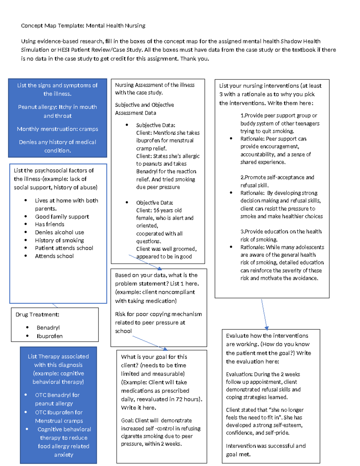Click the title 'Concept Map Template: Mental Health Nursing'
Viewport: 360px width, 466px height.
tap(83, 26)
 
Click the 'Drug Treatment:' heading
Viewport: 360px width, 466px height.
tap(37, 314)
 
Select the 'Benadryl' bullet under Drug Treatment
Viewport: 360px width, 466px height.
tap(48, 328)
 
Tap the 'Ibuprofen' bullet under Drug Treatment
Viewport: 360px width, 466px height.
tap(49, 336)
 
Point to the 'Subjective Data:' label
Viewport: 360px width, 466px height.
tap(155, 125)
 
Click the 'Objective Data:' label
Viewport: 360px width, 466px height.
tap(154, 203)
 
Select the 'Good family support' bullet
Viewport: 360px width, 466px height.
tap(62, 217)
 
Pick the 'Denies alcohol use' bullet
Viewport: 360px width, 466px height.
tap(59, 232)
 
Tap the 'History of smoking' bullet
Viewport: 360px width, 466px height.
tap(59, 240)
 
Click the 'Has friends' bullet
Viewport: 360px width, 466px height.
tap(49, 224)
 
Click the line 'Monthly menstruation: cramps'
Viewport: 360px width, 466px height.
tap(57, 129)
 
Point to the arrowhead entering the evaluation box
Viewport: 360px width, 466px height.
tap(267, 328)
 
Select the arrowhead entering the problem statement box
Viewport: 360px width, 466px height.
tap(160, 269)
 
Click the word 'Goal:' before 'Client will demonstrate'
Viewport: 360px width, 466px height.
tap(127, 421)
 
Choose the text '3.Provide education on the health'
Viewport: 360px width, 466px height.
tap(281, 232)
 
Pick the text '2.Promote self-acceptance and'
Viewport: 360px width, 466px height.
tap(277, 177)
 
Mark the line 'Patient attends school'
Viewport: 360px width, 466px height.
tap(64, 248)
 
